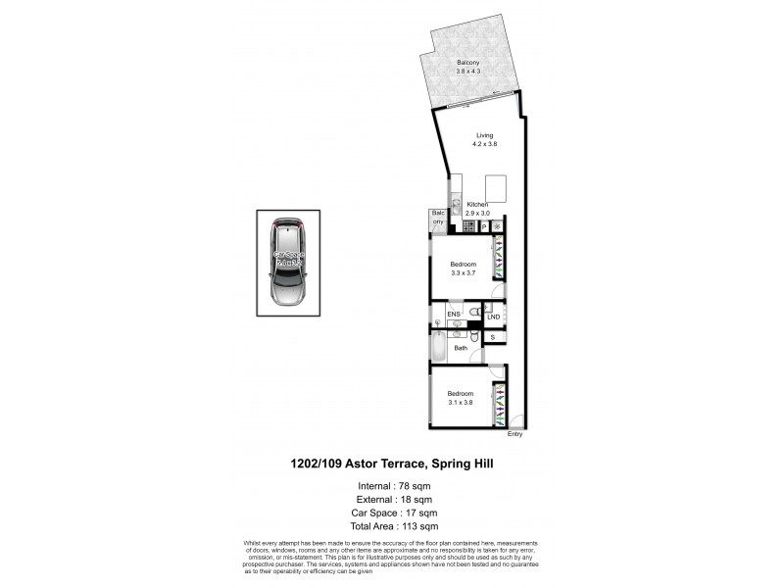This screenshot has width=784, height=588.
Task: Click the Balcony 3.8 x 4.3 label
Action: click(x=466, y=67)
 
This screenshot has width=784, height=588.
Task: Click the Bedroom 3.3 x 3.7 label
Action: click(x=464, y=269)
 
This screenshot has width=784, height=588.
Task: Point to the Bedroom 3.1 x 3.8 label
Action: click(x=461, y=399)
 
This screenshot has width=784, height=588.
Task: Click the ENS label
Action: click(x=454, y=315)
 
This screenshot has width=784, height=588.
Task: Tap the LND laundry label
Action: click(x=494, y=317)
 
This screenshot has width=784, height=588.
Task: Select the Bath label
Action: click(x=460, y=348)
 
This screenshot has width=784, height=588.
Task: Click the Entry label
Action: click(x=515, y=434)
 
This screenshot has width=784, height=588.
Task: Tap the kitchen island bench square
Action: click(x=496, y=186)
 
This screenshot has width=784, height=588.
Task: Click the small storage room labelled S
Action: click(x=493, y=338)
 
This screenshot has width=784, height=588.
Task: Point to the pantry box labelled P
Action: click(x=484, y=226)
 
